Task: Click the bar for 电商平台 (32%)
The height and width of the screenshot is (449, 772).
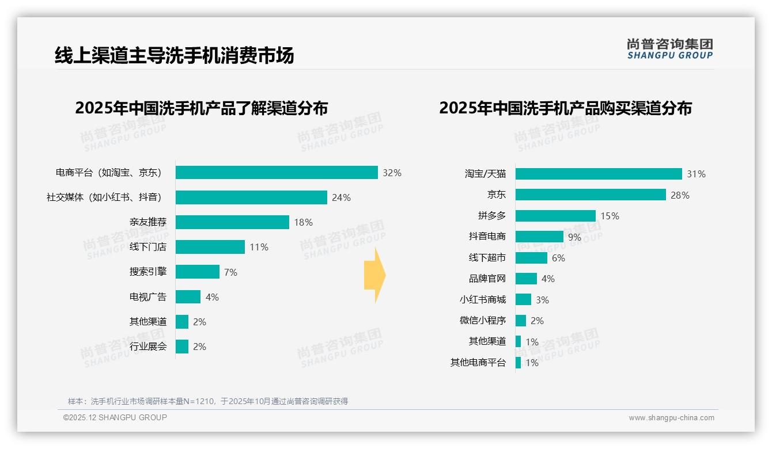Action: tap(277, 173)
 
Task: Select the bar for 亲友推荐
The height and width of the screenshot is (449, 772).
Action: tap(232, 222)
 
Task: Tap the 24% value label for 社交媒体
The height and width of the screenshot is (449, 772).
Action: tap(341, 197)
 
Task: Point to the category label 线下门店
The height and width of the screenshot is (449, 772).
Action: tap(147, 247)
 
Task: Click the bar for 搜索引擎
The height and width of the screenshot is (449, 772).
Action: tap(197, 272)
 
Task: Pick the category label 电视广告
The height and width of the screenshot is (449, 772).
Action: tap(147, 297)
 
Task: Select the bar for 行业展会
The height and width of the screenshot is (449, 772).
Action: tap(182, 347)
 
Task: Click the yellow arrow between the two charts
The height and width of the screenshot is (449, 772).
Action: tap(374, 275)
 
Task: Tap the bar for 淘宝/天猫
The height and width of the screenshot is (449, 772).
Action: tap(599, 174)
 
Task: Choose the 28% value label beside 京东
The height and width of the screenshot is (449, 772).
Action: tap(680, 195)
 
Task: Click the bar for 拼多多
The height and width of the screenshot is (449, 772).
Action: tap(555, 216)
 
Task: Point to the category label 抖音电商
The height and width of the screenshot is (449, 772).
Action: tap(487, 237)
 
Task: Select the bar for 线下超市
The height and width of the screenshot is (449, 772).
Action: tap(531, 258)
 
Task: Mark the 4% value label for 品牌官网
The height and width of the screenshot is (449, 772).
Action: tap(548, 279)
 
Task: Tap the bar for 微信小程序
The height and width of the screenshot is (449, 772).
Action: tap(521, 321)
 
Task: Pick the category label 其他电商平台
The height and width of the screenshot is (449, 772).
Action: tap(478, 363)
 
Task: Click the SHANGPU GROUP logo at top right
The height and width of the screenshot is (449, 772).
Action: tap(670, 49)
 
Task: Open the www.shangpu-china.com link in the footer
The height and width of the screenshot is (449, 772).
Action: tap(671, 418)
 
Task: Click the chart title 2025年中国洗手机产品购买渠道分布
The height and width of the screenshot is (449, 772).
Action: tap(565, 108)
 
